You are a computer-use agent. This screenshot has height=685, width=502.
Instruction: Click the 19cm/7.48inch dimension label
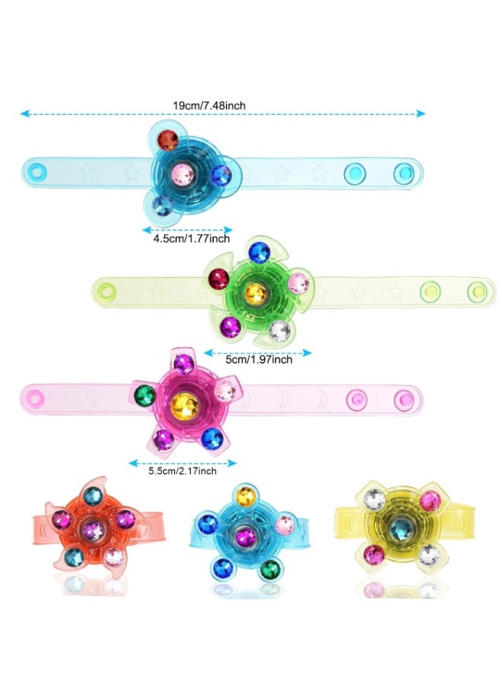[x=209, y=105]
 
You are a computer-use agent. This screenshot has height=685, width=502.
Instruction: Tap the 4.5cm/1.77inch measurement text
[x=191, y=238]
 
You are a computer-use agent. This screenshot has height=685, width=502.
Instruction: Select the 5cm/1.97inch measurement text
[x=259, y=359]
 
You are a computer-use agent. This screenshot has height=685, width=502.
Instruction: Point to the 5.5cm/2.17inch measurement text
[x=183, y=471]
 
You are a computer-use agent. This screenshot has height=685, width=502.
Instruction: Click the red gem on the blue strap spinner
[x=167, y=140]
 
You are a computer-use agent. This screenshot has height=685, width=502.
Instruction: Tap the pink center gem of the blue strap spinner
[x=183, y=174]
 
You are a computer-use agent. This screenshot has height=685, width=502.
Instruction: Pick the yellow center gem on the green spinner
[x=256, y=294]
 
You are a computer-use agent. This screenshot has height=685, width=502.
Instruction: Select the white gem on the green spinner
[x=279, y=330]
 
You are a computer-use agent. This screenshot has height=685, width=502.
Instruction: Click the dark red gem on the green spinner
[x=219, y=279]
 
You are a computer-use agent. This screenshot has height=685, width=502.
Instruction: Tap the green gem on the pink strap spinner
[x=145, y=395]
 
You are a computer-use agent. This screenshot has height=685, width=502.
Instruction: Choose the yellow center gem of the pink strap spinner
[x=185, y=406]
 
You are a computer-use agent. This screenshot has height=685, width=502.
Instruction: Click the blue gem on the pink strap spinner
[x=212, y=438]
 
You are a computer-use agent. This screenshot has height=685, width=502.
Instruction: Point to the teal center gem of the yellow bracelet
[x=400, y=529]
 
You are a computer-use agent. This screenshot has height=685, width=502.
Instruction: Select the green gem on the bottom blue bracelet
[x=270, y=569]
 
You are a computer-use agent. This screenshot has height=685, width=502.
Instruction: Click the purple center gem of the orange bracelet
[x=93, y=530]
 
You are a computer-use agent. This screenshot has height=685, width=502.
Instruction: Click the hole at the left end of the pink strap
[x=35, y=398]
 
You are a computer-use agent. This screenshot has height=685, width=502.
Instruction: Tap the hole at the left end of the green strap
[x=106, y=290]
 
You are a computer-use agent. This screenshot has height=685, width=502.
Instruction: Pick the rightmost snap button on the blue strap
[x=404, y=174]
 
